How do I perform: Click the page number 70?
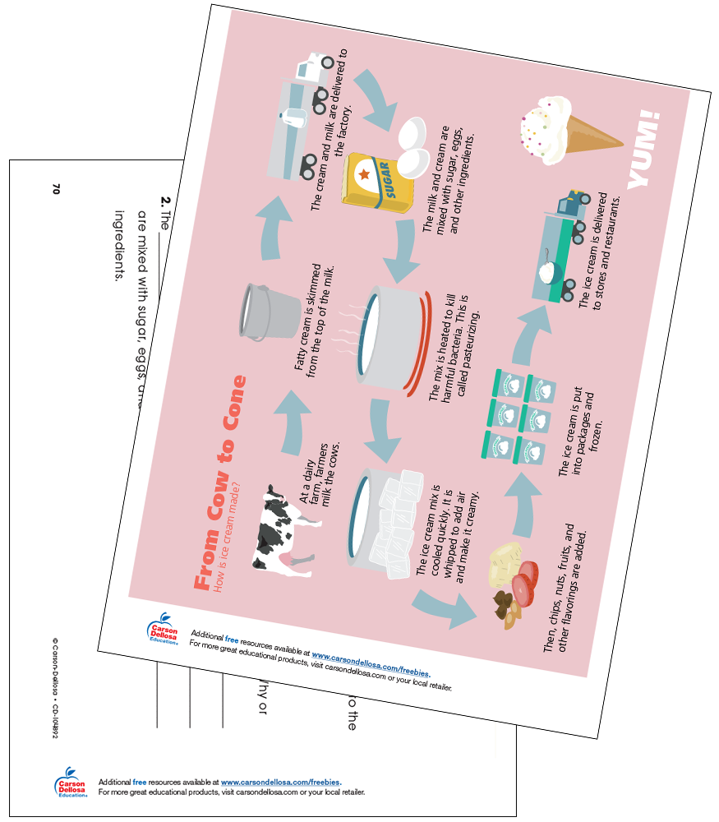coord(57,188)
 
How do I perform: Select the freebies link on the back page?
coord(280,783)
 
